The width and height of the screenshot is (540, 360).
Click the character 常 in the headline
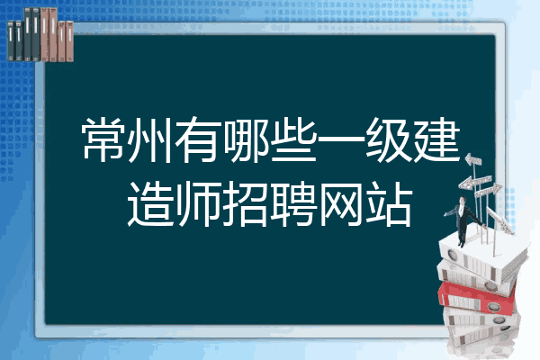coord(104,139)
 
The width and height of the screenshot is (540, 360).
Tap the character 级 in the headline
coord(387,139)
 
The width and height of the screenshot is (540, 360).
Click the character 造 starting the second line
coord(150,204)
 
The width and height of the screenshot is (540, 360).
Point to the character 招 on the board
coord(246,204)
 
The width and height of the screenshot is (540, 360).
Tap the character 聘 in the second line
coord(293,204)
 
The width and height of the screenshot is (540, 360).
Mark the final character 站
coord(388,204)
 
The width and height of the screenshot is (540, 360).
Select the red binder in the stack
coord(477,298)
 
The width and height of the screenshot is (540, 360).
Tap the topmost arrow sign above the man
coord(473,160)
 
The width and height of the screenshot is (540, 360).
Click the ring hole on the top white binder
coord(452,256)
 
